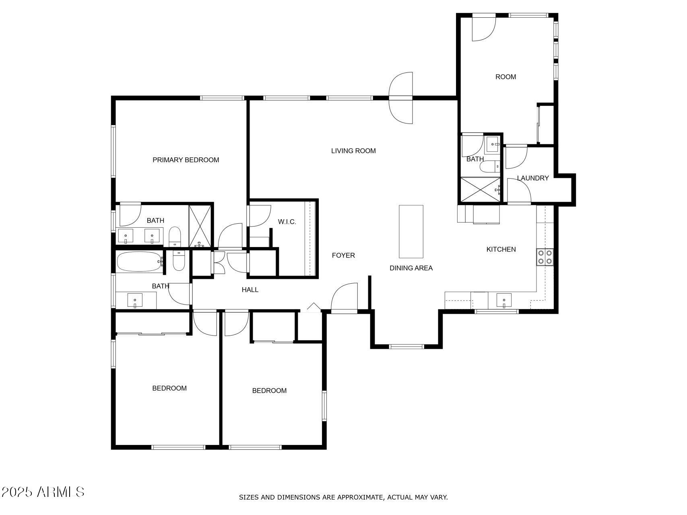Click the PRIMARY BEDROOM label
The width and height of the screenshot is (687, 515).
click(186, 160)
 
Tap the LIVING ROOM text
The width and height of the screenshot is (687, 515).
click(353, 151)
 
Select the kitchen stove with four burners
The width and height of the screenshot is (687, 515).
click(545, 257)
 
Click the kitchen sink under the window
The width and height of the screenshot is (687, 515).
click(504, 300)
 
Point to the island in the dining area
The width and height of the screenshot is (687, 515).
click(411, 231)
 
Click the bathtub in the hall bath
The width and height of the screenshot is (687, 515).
click(139, 262)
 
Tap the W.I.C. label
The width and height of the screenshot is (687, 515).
click(287, 222)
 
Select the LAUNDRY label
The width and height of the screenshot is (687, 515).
click(532, 178)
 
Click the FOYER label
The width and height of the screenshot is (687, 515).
click(343, 255)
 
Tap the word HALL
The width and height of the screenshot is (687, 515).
click(250, 290)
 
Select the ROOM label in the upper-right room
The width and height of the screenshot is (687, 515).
click(505, 77)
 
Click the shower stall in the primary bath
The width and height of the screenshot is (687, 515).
click(200, 226)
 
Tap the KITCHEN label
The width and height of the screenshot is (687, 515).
click(501, 249)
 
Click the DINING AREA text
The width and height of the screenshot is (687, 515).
click(411, 268)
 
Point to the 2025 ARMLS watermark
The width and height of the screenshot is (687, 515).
click(43, 492)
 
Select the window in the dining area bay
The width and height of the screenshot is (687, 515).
click(406, 346)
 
